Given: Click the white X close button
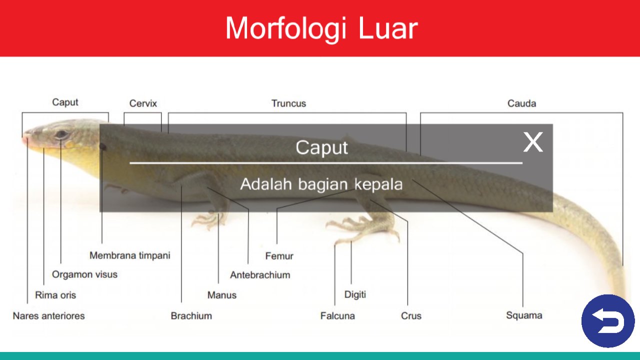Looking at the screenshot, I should (532, 142).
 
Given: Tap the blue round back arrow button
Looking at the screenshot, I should (607, 321).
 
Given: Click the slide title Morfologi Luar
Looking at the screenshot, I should (320, 28).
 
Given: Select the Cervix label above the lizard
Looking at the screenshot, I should (143, 103).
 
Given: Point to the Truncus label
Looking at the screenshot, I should (288, 103).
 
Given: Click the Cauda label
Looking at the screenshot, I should (521, 103).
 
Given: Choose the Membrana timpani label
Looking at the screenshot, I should (129, 255).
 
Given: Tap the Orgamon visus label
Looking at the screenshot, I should (84, 274).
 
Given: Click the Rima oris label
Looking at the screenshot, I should (55, 295).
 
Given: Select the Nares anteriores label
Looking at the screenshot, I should (48, 316).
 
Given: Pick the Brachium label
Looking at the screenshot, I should (191, 316).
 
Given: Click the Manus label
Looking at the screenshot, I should (221, 295).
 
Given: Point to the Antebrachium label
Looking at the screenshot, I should (260, 275).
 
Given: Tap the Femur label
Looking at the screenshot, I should (279, 256).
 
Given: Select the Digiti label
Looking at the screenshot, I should (355, 294).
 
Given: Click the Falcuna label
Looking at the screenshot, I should (337, 316).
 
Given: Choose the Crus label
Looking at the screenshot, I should (411, 316).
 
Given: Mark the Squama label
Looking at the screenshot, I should (524, 315).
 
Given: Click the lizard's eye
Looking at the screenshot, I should (62, 134).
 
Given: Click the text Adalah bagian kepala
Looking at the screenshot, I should (321, 184).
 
